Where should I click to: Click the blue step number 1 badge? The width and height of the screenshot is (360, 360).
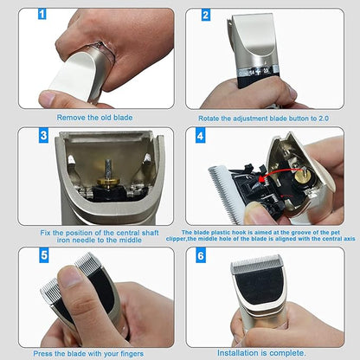point(42,14)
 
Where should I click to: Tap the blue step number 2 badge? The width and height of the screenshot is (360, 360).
point(205,16)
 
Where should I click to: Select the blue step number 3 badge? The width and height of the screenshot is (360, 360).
point(43,136)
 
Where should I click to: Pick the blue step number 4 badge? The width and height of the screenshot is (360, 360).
point(201,136)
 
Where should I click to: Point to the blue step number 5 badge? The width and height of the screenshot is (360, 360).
point(44,255)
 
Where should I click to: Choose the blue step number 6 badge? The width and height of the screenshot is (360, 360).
point(201,256)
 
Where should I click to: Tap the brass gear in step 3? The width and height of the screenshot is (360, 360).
point(108,181)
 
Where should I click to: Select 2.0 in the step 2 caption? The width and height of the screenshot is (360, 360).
point(323,119)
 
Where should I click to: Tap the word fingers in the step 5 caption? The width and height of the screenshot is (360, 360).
point(132,354)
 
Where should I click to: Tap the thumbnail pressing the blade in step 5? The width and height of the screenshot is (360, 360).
point(70,278)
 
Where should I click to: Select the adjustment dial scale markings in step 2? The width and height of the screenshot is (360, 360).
point(259,71)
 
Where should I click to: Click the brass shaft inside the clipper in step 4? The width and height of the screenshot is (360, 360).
point(302,177)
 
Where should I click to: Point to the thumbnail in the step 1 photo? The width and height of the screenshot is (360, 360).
point(48,98)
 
